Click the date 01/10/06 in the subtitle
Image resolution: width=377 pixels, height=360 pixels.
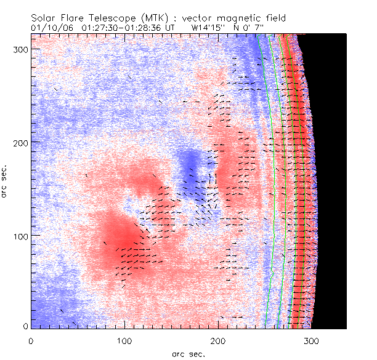point(51,28)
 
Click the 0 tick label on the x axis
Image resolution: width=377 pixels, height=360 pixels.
point(31,339)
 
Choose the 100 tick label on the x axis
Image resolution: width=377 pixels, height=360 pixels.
point(124,339)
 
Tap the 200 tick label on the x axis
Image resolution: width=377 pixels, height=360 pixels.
point(218,339)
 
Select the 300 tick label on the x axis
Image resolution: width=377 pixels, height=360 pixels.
point(312,339)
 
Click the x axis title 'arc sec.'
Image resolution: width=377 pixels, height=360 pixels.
point(188,353)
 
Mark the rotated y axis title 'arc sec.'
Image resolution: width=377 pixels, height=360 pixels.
point(6,182)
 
